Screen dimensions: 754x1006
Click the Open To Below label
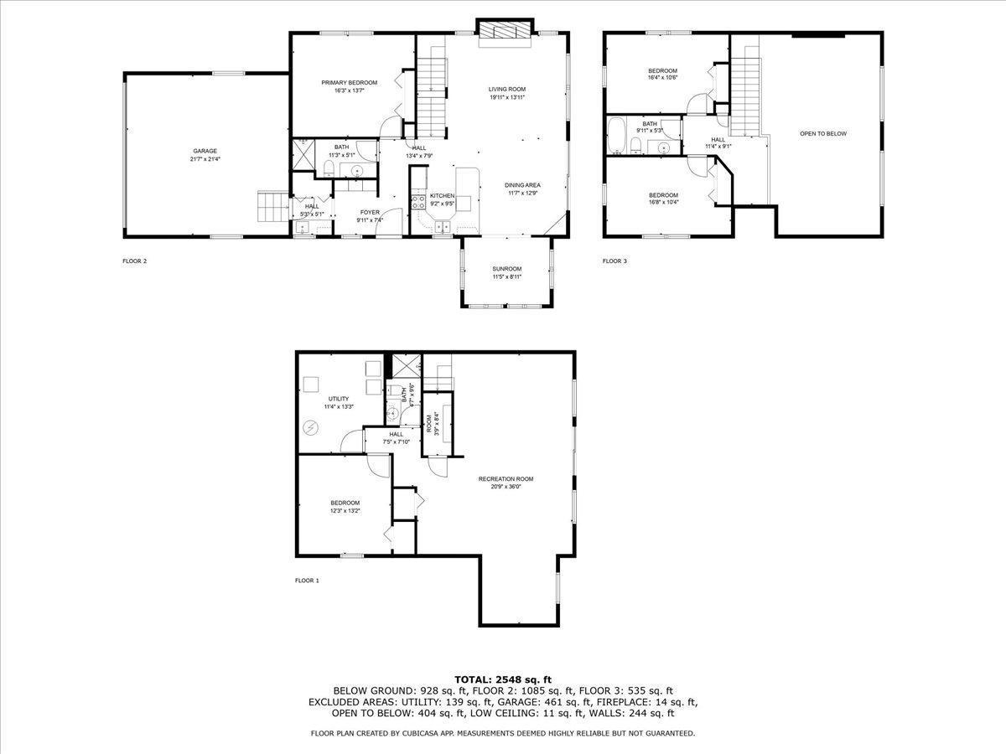tap(823, 134)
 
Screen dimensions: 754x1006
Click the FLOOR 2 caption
tap(134, 261)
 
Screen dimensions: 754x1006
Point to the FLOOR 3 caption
tap(614, 261)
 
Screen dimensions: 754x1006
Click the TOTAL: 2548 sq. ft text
tap(503, 679)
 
